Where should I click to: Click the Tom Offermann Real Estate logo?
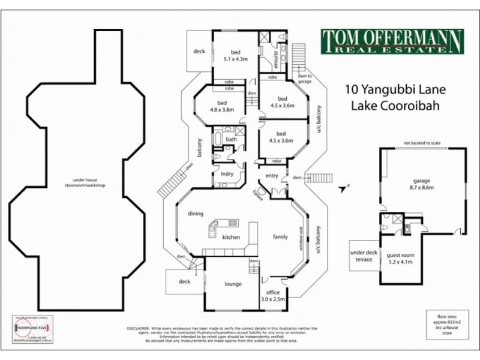391,41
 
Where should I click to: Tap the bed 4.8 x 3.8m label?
223,106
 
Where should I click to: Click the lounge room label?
233,284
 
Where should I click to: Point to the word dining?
196,214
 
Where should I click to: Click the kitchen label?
232,238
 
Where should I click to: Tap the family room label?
281,237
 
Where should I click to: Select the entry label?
272,175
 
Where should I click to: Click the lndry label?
227,174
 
